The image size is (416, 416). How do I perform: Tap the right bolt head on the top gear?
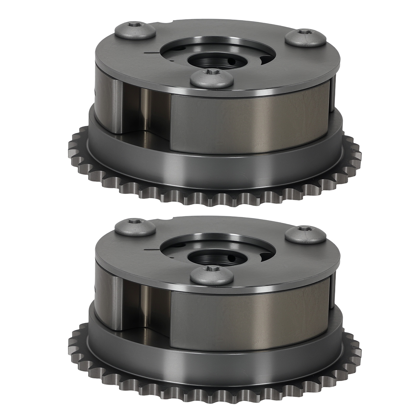pyautogui.click(x=305, y=37)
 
